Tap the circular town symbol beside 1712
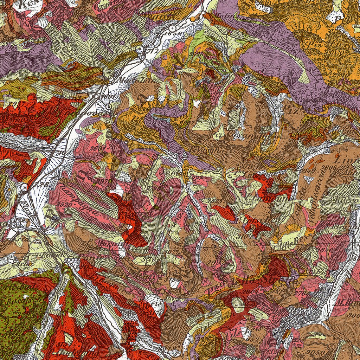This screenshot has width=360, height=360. [x=140, y=50]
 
